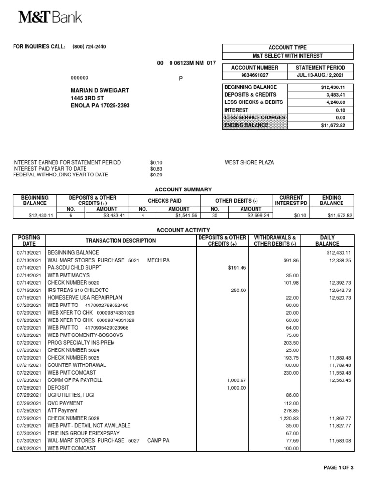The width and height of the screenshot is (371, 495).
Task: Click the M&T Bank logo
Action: [50, 17]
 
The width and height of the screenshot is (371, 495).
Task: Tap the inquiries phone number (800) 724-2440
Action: [89, 47]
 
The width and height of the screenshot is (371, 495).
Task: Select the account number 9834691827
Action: [255, 75]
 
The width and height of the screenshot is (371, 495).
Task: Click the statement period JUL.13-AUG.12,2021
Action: [320, 75]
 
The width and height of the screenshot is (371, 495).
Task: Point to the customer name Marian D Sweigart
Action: [100, 90]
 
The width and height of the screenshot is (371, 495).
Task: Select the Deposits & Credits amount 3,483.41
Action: [337, 95]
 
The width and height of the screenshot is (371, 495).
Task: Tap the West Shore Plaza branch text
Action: [249, 163]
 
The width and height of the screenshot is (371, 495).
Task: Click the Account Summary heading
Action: [183, 189]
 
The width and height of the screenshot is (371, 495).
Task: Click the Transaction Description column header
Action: [121, 241]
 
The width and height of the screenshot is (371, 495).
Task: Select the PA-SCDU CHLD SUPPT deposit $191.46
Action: [236, 268]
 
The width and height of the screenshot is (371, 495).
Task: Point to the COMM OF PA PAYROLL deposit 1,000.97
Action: [236, 380]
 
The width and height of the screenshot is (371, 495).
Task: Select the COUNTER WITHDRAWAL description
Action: [76, 365]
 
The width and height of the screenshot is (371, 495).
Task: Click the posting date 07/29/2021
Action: [30, 425]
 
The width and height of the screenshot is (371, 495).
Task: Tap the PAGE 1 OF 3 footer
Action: [338, 467]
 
